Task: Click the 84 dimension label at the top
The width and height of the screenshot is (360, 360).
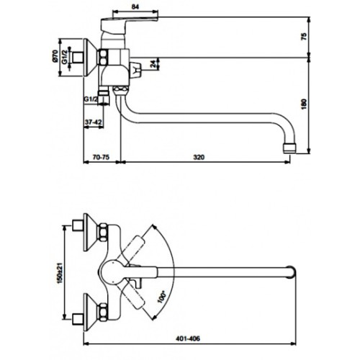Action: pyautogui.click(x=135, y=6)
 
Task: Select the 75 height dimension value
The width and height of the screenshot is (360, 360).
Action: pyautogui.click(x=304, y=37)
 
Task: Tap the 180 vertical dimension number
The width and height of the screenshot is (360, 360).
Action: pyautogui.click(x=304, y=104)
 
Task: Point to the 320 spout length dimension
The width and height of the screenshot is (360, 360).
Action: pyautogui.click(x=199, y=157)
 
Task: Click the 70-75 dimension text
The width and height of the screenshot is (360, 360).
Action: pyautogui.click(x=101, y=157)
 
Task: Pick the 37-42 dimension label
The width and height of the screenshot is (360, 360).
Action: pyautogui.click(x=93, y=122)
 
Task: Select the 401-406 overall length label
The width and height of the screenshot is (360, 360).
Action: pyautogui.click(x=188, y=338)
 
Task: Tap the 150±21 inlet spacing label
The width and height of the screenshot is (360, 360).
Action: pyautogui.click(x=59, y=272)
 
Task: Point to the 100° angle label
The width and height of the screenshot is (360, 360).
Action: pyautogui.click(x=162, y=297)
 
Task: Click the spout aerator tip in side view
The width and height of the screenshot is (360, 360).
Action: pyautogui.click(x=289, y=148)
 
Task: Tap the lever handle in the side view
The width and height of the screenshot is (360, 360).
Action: pyautogui.click(x=129, y=24)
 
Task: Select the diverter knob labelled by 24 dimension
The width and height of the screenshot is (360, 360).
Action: pyautogui.click(x=135, y=70)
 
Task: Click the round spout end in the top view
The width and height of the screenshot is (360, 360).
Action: pyautogui.click(x=291, y=272)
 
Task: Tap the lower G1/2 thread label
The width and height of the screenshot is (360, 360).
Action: pyautogui.click(x=91, y=99)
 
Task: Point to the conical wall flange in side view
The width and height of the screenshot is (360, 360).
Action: pyautogui.click(x=90, y=58)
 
